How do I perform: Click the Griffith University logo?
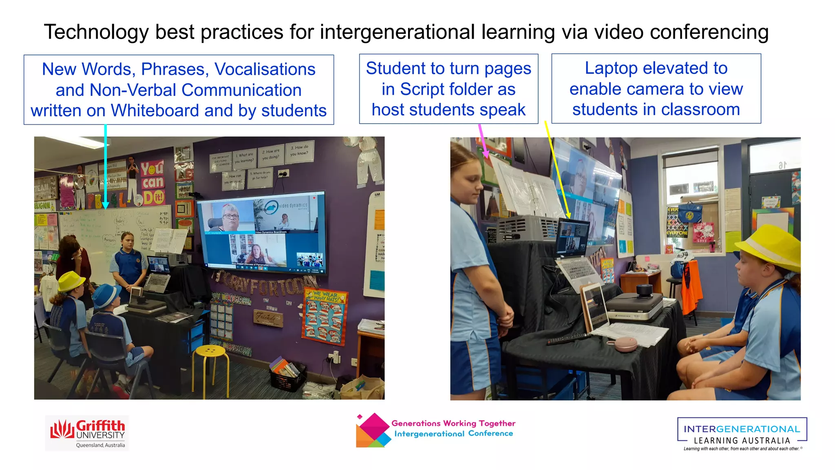tap(87, 433)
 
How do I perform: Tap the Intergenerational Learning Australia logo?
tap(742, 434)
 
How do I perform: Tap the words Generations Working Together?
tap(453, 423)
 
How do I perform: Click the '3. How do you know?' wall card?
tap(300, 151)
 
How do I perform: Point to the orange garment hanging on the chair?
tap(692, 285)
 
